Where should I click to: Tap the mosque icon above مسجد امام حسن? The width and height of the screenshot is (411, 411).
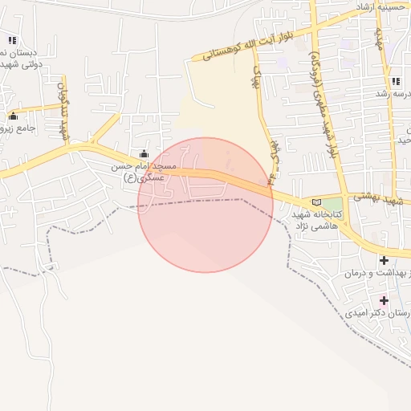pyautogui.click(x=144, y=154)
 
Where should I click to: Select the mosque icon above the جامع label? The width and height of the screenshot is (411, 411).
pyautogui.click(x=13, y=116)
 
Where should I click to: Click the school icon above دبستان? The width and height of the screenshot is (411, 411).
pyautogui.click(x=12, y=40)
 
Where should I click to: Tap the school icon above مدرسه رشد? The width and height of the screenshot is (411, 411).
pyautogui.click(x=396, y=81)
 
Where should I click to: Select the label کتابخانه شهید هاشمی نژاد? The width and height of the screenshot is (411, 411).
pyautogui.click(x=315, y=222)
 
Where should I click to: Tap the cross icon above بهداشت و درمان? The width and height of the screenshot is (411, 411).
pyautogui.click(x=385, y=260)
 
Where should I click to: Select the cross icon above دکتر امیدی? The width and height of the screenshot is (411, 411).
pyautogui.click(x=385, y=300)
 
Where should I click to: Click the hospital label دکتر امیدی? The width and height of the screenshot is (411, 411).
pyautogui.click(x=377, y=315)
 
